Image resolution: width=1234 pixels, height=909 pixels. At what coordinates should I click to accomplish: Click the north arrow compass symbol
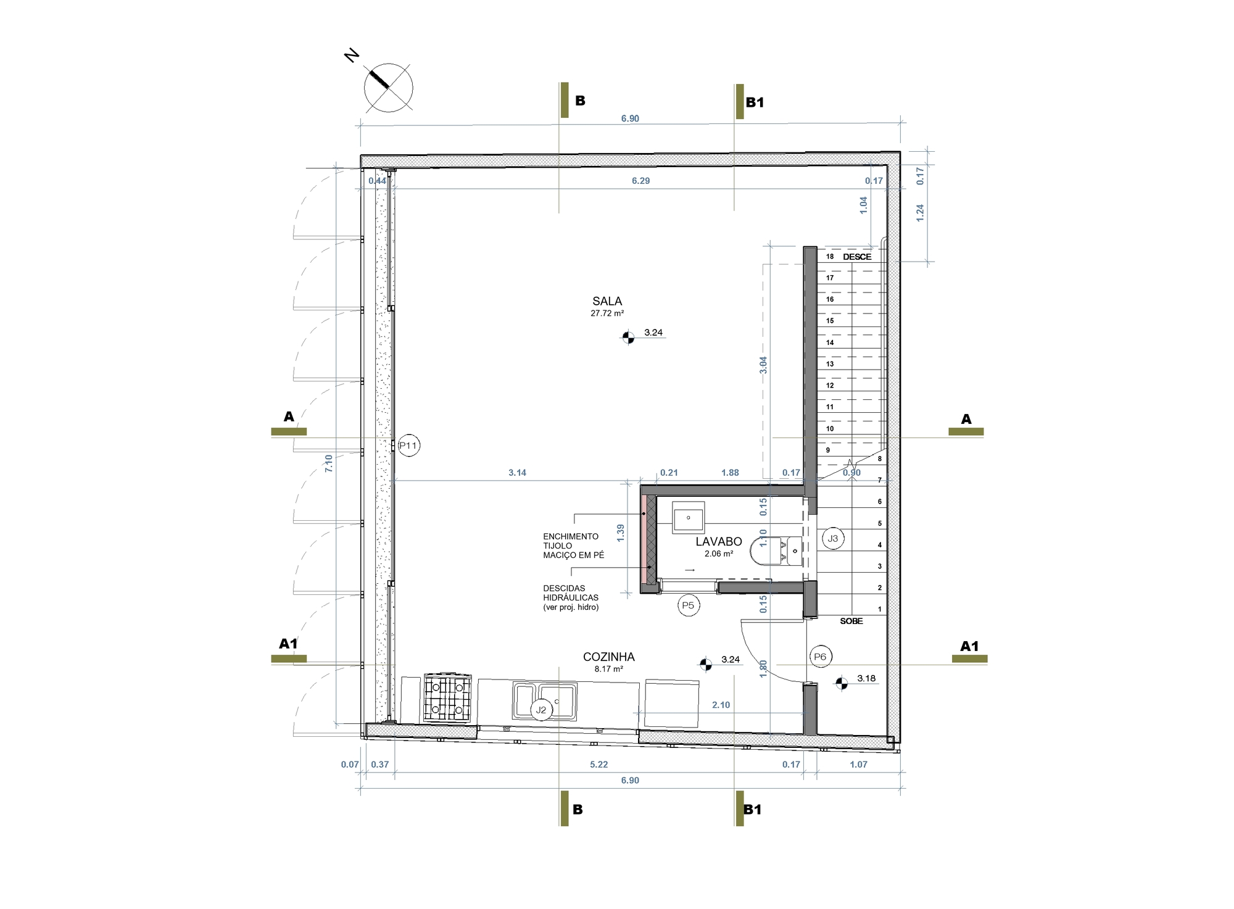388,88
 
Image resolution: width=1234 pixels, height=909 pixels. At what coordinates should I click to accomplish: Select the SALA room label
607,301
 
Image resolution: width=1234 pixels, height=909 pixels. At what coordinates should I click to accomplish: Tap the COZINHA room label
608,657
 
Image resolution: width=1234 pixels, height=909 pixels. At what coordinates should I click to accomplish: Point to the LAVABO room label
719,542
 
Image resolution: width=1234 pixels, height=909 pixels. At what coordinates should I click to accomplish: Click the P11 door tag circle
408,446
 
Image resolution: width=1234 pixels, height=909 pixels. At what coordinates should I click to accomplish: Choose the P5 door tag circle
688,605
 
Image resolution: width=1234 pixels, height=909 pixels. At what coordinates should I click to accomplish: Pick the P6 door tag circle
820,657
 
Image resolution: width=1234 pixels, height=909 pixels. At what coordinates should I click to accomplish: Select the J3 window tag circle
833,538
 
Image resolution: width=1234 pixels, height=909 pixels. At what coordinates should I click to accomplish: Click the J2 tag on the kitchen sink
541,710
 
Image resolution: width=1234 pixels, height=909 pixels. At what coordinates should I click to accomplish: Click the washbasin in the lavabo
688,518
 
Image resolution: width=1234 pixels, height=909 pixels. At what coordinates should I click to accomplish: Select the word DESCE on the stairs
857,257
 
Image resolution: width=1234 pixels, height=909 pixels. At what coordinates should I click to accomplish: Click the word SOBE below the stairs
851,621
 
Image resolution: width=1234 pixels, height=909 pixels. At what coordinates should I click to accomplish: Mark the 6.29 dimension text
640,181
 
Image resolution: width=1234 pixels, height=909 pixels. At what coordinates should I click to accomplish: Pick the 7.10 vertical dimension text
328,463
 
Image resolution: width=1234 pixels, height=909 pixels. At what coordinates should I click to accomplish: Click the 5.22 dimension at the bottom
598,765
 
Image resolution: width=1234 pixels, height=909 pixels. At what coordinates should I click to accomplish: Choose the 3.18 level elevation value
866,678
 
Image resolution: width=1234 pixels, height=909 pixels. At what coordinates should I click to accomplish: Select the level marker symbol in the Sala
627,337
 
